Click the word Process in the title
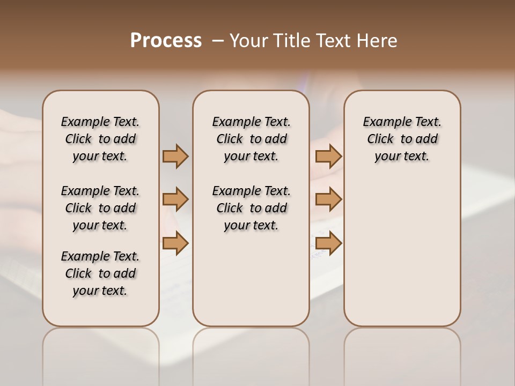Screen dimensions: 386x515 pos(166,41)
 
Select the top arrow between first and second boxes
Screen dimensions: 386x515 pos(175,156)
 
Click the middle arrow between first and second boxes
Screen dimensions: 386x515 pos(175,199)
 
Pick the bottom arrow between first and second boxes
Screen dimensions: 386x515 pos(175,243)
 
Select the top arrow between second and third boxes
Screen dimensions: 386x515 pos(328,156)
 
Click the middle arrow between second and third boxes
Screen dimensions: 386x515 pos(328,199)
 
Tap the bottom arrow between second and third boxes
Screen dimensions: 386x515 pos(328,243)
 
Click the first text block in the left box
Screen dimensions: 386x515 pos(100,139)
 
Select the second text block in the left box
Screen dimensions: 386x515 pos(100,208)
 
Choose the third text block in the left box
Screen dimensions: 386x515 pos(100,273)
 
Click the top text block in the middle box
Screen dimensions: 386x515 pos(251,139)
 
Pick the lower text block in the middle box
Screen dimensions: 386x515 pos(251,208)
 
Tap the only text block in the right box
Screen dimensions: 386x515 pos(402,139)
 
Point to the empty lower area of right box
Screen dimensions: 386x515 pos(402,257)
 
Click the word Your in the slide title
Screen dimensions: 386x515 pos(249,41)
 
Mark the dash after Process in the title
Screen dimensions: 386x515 pos(218,41)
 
